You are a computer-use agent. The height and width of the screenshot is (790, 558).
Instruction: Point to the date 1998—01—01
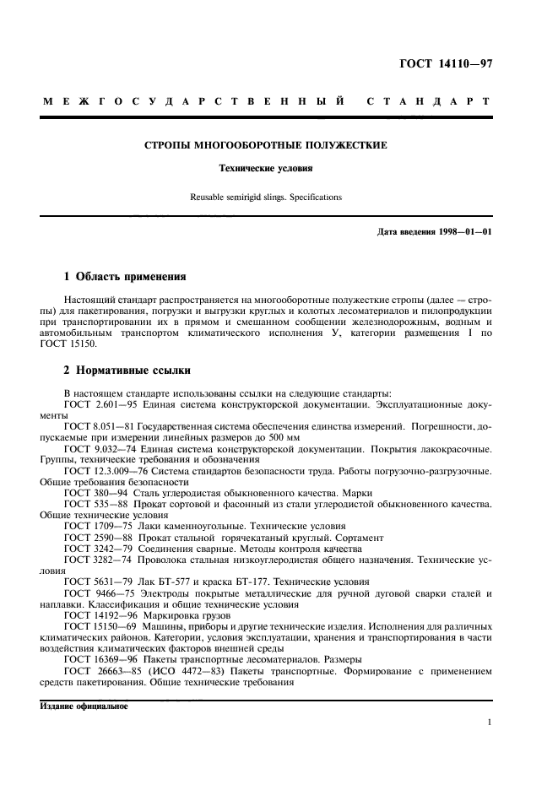pos(463,231)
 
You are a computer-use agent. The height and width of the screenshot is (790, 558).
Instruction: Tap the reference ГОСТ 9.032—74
pos(100,450)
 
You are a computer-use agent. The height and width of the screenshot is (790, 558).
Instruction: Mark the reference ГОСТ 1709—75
pos(96,526)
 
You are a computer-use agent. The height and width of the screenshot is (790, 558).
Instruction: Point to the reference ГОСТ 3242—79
pos(96,548)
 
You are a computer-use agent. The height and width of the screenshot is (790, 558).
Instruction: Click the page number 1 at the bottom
pos(489,722)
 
